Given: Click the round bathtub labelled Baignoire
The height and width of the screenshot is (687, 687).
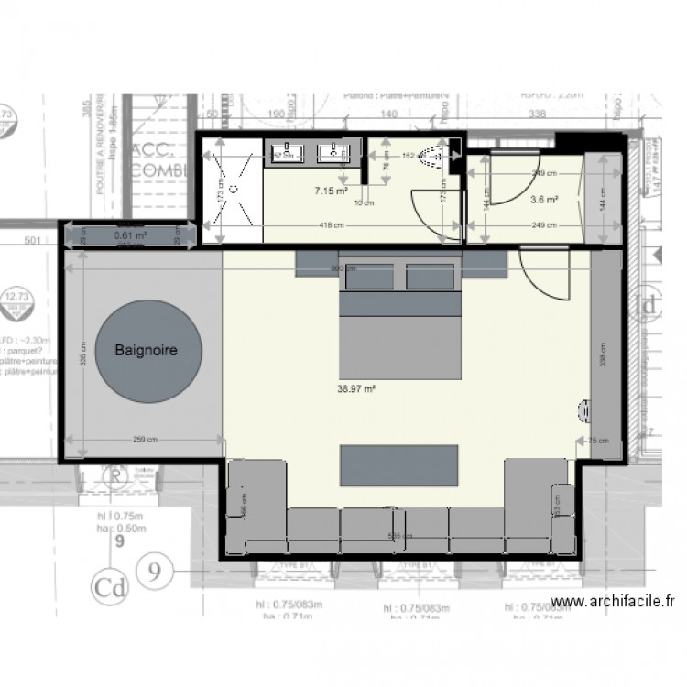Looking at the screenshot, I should (x=146, y=351).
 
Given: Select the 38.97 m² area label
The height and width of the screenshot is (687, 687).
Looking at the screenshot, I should (x=357, y=388).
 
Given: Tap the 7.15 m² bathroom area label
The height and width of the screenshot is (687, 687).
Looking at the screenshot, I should (x=331, y=191).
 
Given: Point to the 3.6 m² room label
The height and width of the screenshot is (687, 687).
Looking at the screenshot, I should (x=545, y=197).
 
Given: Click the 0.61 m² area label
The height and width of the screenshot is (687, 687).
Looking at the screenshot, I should (x=129, y=235).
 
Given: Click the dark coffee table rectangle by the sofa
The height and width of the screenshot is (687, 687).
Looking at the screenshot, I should (x=398, y=465).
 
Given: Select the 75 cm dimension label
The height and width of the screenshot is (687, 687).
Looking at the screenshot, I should (x=598, y=441).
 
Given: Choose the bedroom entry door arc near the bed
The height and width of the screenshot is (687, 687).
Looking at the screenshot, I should (x=542, y=275).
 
